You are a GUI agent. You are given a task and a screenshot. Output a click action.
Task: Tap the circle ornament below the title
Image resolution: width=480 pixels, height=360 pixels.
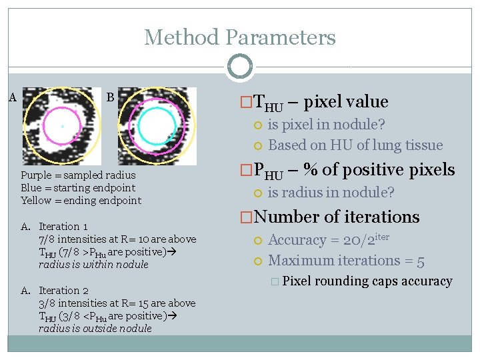coord(239,67)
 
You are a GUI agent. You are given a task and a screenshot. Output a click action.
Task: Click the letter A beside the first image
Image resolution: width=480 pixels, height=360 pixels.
coord(13,98)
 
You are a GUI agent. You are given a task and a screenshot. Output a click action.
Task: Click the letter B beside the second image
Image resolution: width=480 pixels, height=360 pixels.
coord(111,98)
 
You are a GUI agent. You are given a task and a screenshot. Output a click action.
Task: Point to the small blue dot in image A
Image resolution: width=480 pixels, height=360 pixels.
coord(62,125)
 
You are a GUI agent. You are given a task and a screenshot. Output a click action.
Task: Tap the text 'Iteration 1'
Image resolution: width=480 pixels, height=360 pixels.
coord(63,227)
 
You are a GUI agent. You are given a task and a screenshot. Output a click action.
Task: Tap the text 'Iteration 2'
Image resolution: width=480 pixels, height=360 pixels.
coord(63,291)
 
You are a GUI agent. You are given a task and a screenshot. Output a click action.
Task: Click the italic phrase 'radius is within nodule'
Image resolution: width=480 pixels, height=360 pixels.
coord(93,265)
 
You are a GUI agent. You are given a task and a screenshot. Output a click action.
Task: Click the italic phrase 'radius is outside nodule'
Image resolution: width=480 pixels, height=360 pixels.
coord(95,329)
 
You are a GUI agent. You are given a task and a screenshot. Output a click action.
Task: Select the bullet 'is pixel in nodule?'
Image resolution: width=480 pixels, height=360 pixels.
coord(327,125)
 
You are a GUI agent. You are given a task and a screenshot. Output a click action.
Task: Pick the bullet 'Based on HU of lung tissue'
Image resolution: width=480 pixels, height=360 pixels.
coord(355,145)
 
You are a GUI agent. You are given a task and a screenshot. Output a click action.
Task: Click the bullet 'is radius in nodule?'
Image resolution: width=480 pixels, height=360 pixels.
coord(331,193)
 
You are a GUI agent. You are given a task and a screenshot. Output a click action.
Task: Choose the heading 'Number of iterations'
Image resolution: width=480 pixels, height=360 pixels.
coord(337,217)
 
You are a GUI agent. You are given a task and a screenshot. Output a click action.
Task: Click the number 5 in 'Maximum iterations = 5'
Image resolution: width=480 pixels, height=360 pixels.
coord(420,261)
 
